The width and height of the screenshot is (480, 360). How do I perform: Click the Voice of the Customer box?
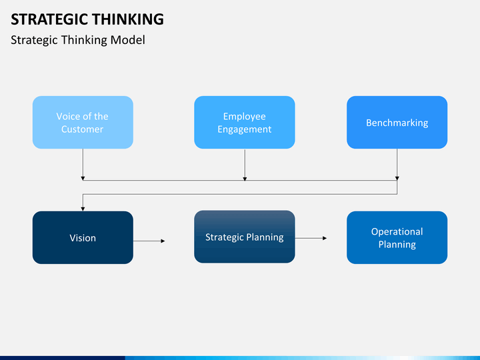tap(83, 122)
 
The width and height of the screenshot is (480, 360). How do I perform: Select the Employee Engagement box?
tap(244, 122)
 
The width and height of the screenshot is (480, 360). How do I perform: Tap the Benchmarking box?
tap(397, 122)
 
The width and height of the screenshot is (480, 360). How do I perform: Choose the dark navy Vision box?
tap(83, 237)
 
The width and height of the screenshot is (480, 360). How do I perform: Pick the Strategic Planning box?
tap(244, 237)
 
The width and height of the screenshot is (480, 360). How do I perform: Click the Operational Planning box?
tap(397, 237)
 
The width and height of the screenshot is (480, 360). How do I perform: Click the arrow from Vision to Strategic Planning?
tap(149, 241)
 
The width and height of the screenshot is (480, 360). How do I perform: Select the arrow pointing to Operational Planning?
tap(311, 237)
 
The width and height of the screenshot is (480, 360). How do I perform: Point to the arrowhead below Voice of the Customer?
tap(83, 177)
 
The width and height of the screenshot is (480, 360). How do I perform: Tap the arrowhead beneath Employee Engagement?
tap(245, 177)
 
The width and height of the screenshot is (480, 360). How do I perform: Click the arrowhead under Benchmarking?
tap(397, 177)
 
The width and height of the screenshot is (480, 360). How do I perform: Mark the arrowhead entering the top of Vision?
tap(83, 208)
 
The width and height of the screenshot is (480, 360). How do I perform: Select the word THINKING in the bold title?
tap(126, 19)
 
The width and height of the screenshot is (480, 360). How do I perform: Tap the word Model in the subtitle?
tap(129, 40)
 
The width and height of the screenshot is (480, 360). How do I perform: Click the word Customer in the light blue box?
tap(83, 129)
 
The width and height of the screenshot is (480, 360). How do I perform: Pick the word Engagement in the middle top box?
tap(244, 129)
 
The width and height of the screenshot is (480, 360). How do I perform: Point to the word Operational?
tap(397, 231)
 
